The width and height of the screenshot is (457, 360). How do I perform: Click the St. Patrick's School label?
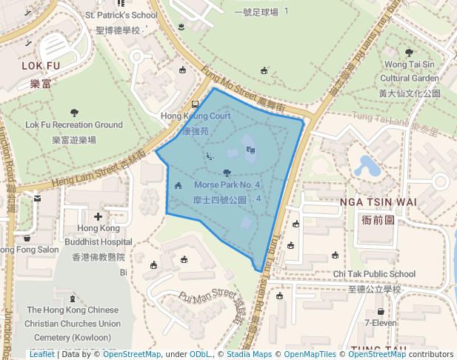[121, 15]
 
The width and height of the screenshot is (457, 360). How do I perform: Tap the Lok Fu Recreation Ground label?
[74, 125]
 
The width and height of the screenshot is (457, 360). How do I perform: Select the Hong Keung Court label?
[196, 116]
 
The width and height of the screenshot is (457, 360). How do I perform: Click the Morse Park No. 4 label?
[227, 184]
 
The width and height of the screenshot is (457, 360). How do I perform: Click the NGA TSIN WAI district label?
[378, 201]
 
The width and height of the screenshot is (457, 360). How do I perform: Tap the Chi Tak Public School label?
[374, 274]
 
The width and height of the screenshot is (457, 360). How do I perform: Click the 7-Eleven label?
[381, 323]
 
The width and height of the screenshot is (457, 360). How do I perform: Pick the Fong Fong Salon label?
[28, 250]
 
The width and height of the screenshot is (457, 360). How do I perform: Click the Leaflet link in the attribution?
[41, 355]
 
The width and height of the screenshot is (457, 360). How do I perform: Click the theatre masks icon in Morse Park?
[251, 150]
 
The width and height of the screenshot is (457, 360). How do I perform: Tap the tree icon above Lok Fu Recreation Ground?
[74, 113]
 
